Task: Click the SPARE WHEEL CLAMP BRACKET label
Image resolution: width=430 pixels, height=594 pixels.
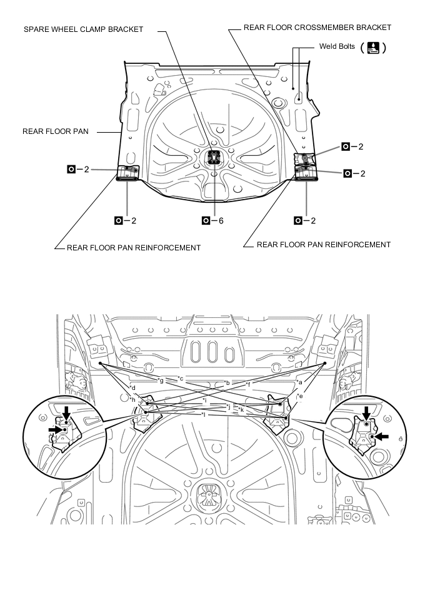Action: [x=83, y=29]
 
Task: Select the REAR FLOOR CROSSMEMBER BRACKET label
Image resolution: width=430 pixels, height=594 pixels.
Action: [x=310, y=28]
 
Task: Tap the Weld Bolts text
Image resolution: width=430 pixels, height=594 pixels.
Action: [x=336, y=46]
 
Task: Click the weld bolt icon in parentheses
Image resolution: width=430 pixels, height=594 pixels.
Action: [x=373, y=48]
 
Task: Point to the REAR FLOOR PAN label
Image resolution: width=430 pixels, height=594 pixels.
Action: [x=56, y=131]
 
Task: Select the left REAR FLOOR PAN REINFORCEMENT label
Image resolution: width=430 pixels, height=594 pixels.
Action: [x=134, y=248]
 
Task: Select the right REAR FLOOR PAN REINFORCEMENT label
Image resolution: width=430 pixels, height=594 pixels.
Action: [x=324, y=245]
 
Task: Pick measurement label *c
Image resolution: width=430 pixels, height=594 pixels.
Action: [x=180, y=379]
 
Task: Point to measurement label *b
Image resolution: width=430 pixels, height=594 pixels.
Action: [x=227, y=382]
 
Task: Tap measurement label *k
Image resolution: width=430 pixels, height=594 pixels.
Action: [x=241, y=409]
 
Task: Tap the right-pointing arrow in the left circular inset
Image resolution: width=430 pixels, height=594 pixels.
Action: [x=54, y=429]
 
